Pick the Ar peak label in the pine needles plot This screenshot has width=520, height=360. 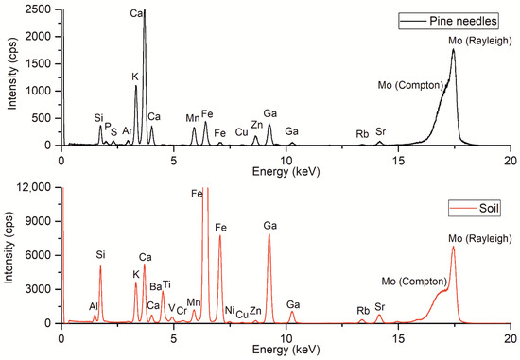click(x=128, y=130)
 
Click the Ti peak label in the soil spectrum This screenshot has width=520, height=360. click(x=166, y=284)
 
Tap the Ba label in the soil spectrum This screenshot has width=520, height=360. click(x=155, y=285)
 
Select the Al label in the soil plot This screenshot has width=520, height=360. click(x=94, y=306)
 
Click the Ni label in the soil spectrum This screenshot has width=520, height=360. click(x=229, y=309)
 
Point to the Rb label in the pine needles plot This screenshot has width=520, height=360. click(x=362, y=133)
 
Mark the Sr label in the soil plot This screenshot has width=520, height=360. click(x=380, y=306)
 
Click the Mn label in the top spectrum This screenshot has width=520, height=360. click(x=193, y=117)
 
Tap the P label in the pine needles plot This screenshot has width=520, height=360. click(x=108, y=124)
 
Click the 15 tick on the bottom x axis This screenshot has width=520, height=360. click(x=398, y=334)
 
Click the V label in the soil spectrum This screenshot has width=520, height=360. click(x=171, y=307)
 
